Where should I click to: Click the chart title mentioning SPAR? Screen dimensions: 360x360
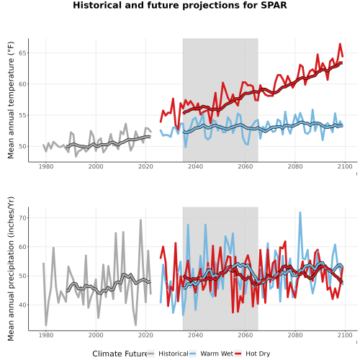coord(180,5)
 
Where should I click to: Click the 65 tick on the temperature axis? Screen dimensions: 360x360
coord(22,53)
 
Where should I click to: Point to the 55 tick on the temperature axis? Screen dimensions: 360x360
coord(22,115)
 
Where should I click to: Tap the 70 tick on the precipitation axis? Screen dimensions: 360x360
coord(22,218)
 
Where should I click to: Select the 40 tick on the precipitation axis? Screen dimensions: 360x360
coord(22,305)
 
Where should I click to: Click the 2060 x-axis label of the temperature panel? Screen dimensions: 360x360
coord(246,166)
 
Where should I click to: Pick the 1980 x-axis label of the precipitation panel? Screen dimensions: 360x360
coord(46,335)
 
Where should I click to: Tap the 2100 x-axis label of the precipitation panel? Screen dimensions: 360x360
coord(345,335)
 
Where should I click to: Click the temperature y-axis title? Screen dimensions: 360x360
coord(11,100)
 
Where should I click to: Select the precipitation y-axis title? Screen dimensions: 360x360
coord(11,269)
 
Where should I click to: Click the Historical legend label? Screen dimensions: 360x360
coord(174,354)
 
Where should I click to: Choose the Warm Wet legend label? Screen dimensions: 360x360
coord(217,354)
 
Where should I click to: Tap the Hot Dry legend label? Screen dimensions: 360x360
coord(258,354)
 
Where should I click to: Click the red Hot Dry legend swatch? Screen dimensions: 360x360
coord(238,354)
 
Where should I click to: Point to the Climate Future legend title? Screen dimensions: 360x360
coord(120,354)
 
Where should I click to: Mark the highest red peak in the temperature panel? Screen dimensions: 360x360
coord(340,44)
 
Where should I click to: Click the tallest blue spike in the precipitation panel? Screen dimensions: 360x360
coord(300,212)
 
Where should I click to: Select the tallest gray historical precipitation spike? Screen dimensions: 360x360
coord(140,220)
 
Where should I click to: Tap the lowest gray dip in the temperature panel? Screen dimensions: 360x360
coord(76,156)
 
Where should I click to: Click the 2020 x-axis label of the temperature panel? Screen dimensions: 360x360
coord(145,166)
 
